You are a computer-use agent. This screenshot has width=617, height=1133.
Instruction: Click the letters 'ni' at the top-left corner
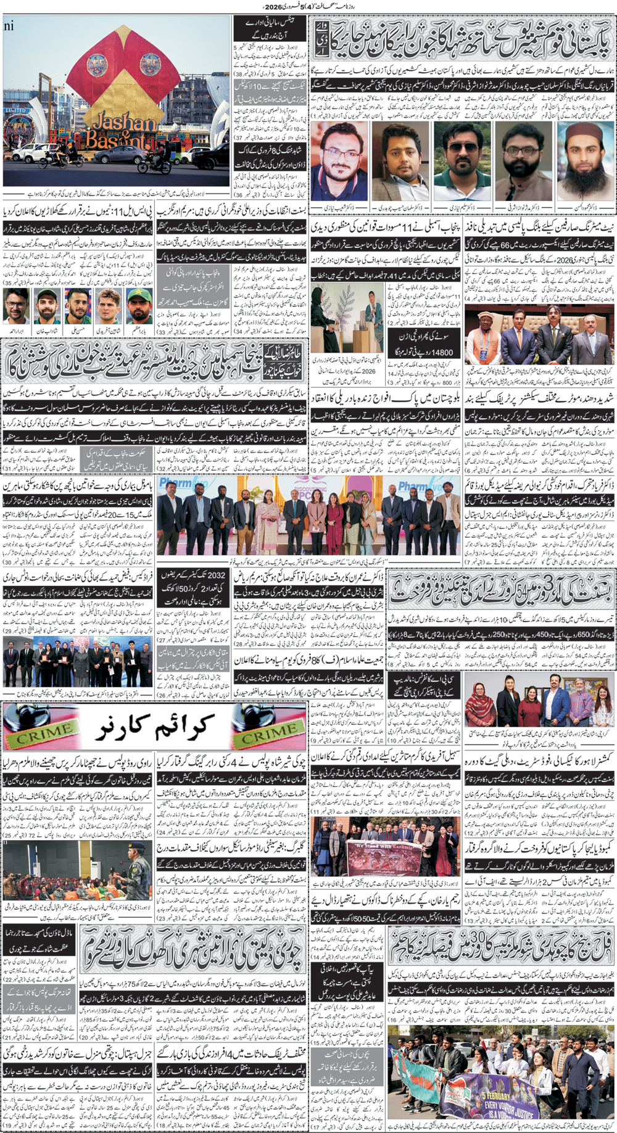pos(9,26)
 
